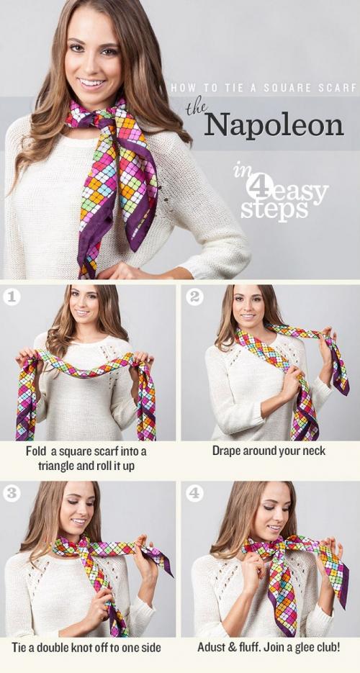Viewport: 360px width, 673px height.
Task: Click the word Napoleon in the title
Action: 274,125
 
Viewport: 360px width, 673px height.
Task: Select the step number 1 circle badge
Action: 11,297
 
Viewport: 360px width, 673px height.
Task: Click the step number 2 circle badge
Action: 194,297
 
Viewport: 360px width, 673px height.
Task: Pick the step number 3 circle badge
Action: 11,494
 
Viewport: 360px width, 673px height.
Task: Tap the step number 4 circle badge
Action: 194,494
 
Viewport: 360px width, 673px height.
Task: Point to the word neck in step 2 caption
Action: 314,451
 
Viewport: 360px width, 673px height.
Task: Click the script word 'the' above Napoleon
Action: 197,109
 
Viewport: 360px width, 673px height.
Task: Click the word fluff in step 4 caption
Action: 249,647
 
